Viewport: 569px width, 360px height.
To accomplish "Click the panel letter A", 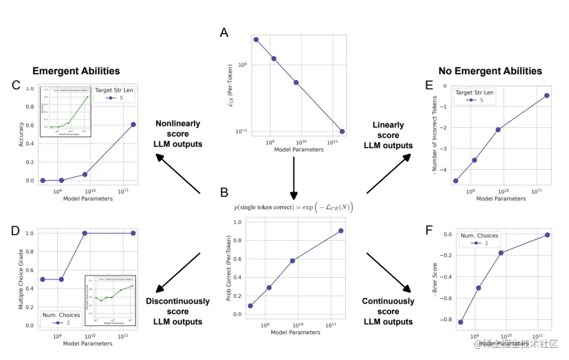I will [224, 33].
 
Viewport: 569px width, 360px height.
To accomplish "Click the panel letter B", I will [224, 192].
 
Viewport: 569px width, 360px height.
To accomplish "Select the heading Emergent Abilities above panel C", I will [76, 71].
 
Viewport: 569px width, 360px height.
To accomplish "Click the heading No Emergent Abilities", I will [490, 71].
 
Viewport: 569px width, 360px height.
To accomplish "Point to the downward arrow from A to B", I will [294, 178].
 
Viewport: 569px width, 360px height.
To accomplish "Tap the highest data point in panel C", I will [133, 124].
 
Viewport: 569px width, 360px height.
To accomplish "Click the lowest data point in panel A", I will [342, 131].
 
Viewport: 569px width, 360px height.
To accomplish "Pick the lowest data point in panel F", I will [460, 322].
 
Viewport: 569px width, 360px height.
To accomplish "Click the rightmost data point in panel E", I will [547, 95].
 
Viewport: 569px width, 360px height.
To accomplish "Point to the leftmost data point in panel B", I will [250, 306].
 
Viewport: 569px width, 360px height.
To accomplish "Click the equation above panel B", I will [293, 207].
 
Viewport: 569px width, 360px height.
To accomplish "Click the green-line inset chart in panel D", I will [110, 299].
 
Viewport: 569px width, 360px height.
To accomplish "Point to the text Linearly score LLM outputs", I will [388, 135].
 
